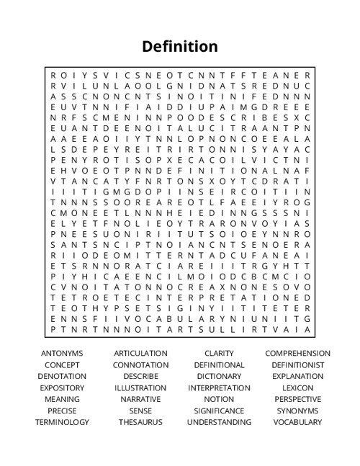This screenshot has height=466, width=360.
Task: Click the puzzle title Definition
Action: click(180, 47)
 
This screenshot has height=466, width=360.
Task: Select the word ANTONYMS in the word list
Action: click(62, 354)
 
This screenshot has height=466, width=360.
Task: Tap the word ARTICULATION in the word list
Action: click(140, 354)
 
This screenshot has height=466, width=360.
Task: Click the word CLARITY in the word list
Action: click(219, 354)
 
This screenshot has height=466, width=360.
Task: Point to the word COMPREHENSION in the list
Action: click(297, 354)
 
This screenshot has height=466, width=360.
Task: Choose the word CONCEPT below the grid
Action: click(62, 365)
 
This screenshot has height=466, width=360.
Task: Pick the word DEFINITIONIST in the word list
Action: click(297, 365)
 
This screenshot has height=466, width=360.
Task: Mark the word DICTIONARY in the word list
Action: click(219, 377)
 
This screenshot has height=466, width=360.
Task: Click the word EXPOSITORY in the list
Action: click(62, 388)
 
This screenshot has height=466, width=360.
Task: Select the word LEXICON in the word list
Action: click(297, 388)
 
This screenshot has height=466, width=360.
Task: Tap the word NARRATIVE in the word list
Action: click(140, 400)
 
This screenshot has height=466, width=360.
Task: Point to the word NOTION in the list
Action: click(219, 400)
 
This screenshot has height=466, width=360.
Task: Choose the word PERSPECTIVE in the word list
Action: click(297, 400)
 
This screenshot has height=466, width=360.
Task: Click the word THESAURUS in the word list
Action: click(140, 423)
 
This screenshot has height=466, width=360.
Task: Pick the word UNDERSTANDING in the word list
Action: click(219, 423)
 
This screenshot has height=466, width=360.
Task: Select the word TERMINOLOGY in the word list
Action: click(62, 423)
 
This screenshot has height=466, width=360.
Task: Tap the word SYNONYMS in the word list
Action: click(297, 411)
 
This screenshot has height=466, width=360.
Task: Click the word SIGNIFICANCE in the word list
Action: click(219, 411)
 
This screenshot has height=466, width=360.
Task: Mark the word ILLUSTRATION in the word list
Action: click(140, 388)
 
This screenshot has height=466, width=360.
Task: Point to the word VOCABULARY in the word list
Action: click(297, 423)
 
